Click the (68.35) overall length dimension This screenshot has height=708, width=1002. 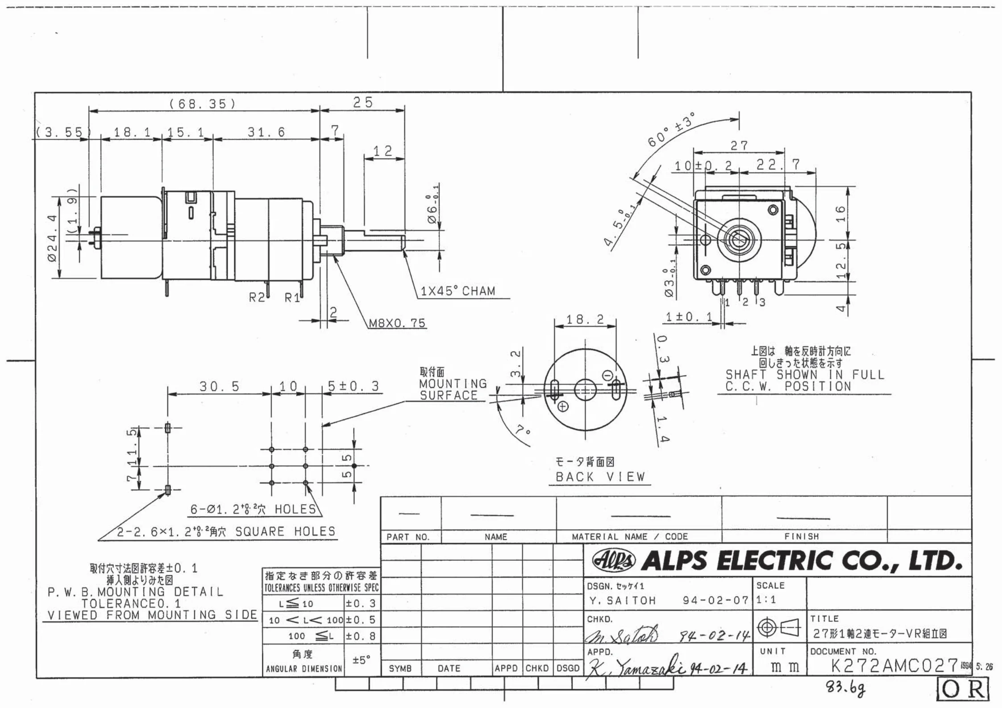click(202, 104)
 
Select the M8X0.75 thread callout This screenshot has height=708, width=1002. click(397, 323)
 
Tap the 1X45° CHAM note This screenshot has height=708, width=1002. click(458, 291)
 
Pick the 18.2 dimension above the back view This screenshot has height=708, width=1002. click(585, 319)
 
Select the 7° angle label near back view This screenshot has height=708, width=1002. click(523, 431)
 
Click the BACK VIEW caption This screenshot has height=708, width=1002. click(600, 477)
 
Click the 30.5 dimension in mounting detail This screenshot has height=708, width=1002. click(219, 386)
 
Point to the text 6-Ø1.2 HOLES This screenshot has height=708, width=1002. click(253, 509)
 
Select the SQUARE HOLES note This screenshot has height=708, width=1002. click(226, 531)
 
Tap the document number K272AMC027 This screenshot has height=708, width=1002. click(894, 666)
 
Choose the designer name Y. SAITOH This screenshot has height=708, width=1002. click(622, 601)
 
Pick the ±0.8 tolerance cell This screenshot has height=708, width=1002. click(361, 636)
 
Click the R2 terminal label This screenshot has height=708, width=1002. click(257, 297)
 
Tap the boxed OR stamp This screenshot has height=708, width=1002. click(962, 690)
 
